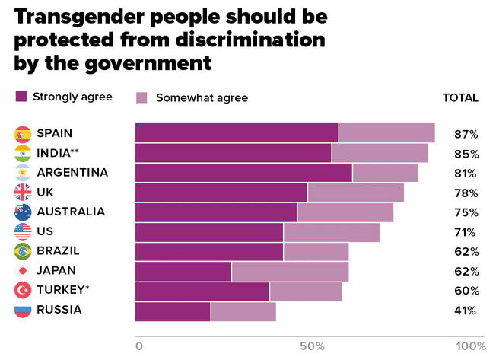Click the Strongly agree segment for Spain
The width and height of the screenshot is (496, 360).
coord(237,132)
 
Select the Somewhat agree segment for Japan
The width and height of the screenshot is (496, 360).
coord(290,271)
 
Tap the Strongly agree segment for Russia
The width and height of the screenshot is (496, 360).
coord(173,311)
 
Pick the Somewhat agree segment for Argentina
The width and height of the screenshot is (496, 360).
coord(385,172)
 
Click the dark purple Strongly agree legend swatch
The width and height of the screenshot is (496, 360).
coord(21,97)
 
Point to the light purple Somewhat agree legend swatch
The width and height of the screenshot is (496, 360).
coord(141,97)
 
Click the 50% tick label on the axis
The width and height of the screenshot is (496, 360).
coord(312,346)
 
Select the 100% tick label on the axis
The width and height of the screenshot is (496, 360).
coord(470,346)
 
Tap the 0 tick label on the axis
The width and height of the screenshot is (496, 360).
coord(138,346)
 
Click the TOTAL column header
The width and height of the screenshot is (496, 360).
coord(460,97)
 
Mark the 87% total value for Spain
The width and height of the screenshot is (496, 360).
coord(466,134)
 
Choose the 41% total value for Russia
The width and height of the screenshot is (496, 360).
coord(466,311)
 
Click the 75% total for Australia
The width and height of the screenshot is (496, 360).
coord(466,212)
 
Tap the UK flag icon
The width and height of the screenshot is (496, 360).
coord(23,192)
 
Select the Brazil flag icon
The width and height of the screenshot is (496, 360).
coord(23,251)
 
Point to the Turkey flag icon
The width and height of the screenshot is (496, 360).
coord(23,291)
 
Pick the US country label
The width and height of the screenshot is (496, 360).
coord(45,231)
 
